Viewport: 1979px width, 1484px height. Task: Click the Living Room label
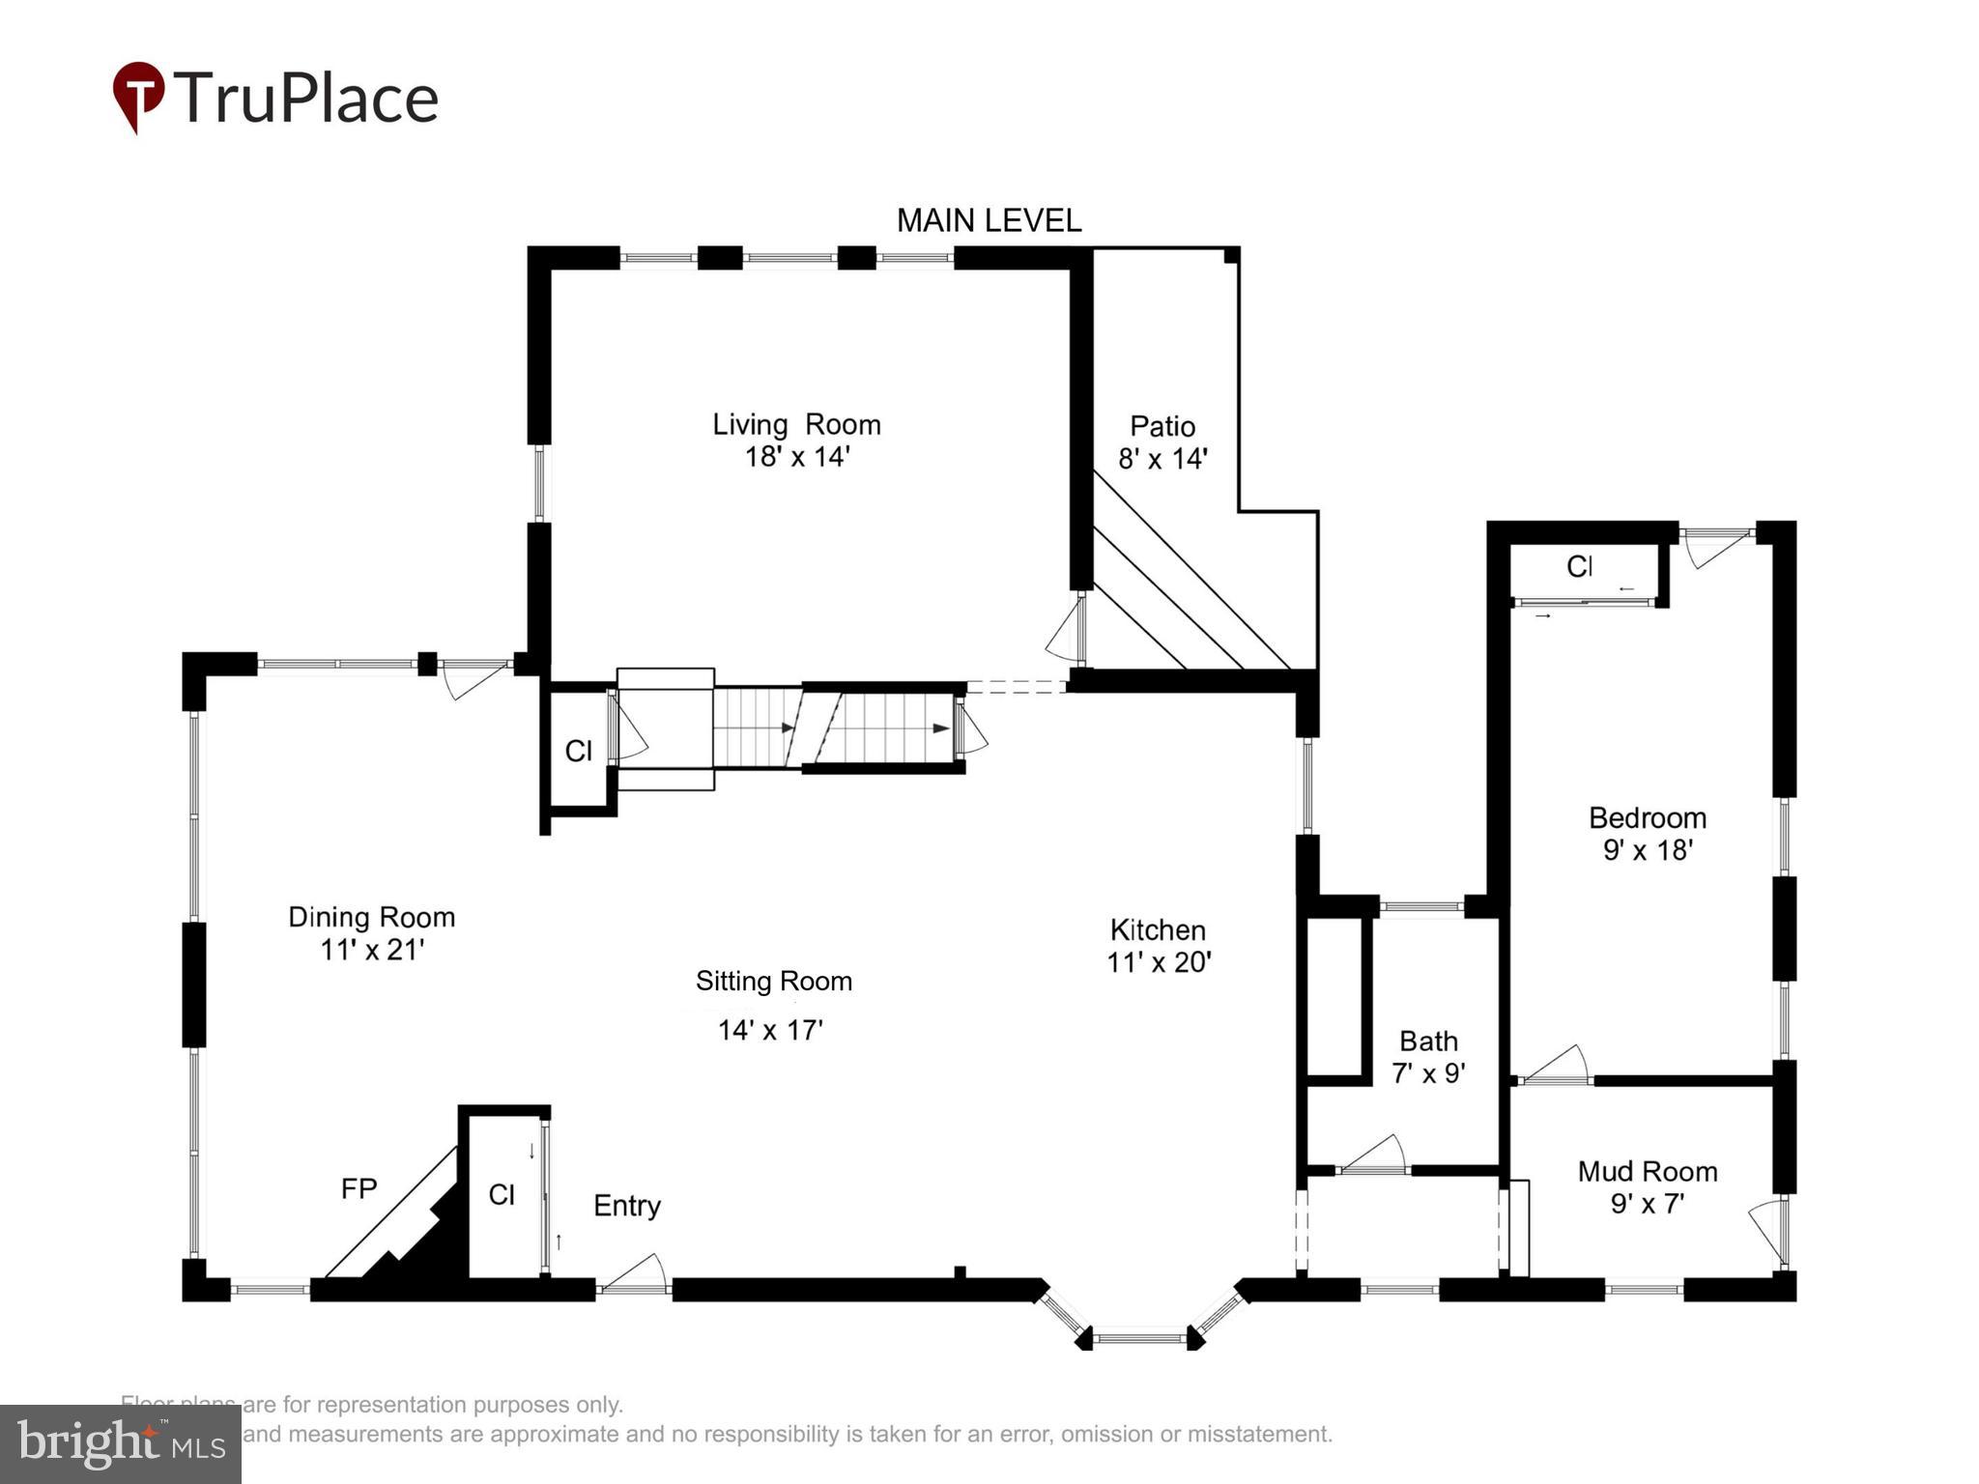click(796, 425)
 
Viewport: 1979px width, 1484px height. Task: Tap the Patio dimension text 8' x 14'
click(1162, 459)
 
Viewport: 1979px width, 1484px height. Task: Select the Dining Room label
click(371, 917)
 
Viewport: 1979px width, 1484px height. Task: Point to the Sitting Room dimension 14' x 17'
click(769, 1030)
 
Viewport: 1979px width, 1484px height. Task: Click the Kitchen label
click(1158, 930)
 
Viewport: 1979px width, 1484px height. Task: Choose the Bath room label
click(1428, 1042)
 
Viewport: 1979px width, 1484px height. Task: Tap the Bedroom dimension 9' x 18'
click(1647, 850)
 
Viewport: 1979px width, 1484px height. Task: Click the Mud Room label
click(1647, 1172)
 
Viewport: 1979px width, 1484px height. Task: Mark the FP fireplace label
click(359, 1188)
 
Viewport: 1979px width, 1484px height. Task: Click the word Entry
click(626, 1206)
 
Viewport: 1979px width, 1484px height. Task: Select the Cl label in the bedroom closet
click(1579, 567)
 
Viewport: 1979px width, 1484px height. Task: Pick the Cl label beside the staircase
click(578, 751)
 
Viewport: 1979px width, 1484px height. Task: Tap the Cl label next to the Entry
click(502, 1195)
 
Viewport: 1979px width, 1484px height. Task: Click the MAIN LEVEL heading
click(989, 221)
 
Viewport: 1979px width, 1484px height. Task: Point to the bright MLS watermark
click(120, 1443)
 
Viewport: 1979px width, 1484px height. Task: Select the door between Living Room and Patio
click(1068, 629)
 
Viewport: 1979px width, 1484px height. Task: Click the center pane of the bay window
click(1139, 1339)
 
